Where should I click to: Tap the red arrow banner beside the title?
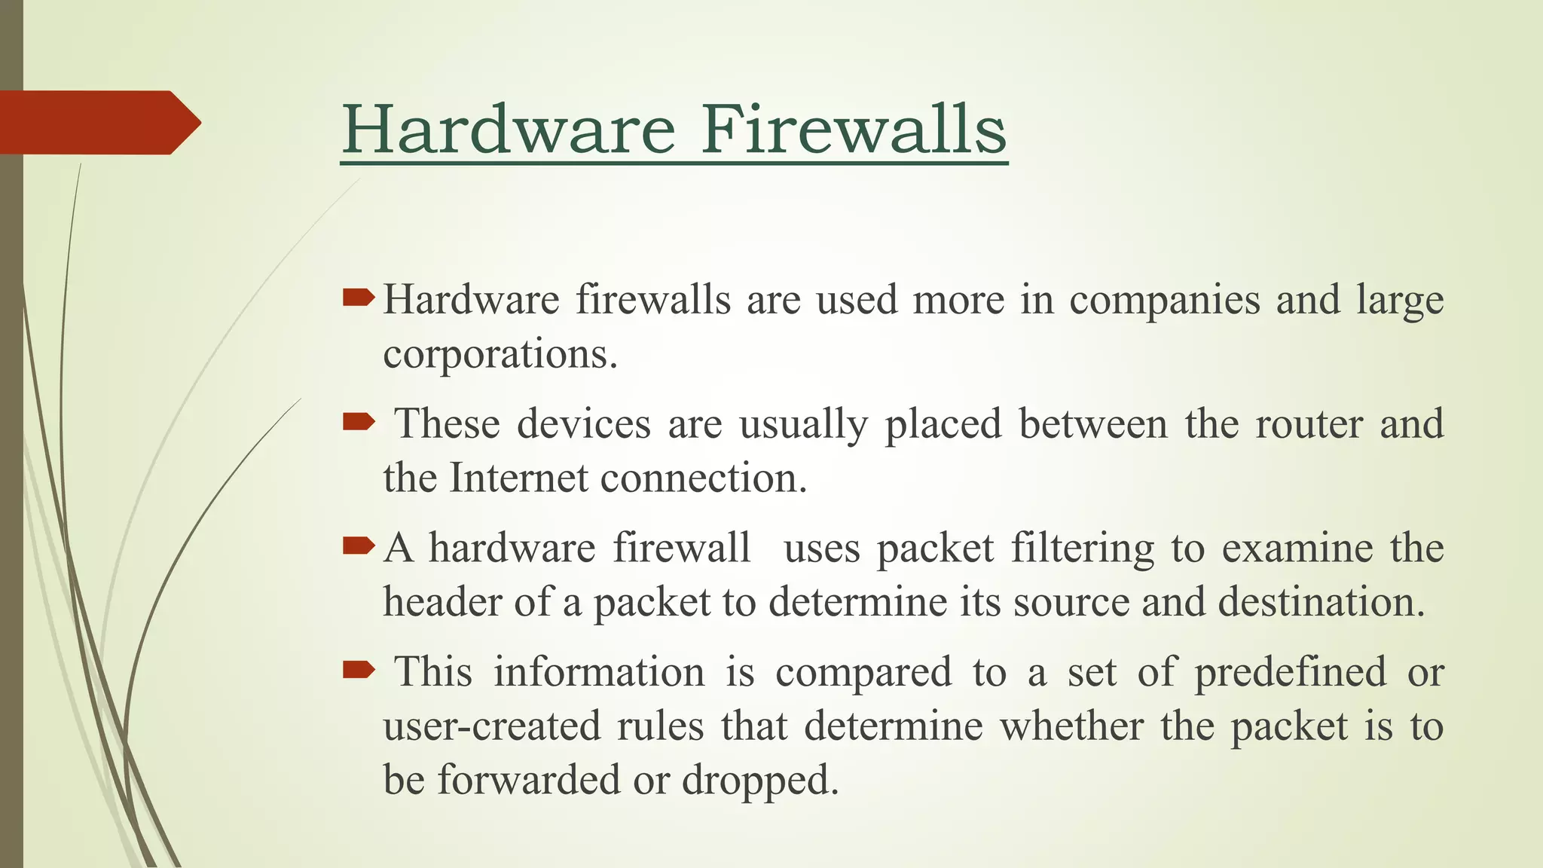click(98, 122)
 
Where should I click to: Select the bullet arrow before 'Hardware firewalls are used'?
click(358, 298)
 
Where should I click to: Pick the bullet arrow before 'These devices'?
click(358, 422)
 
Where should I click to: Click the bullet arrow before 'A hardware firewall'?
click(358, 546)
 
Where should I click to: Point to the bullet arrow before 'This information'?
click(358, 669)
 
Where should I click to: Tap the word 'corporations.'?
click(500, 354)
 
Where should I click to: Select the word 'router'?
click(1309, 424)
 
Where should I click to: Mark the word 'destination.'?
click(1321, 601)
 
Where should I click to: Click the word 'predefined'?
click(1290, 672)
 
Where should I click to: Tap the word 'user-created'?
click(491, 726)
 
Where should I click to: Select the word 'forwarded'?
click(528, 779)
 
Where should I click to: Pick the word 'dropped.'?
click(760, 781)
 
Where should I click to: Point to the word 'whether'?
click(1071, 726)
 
